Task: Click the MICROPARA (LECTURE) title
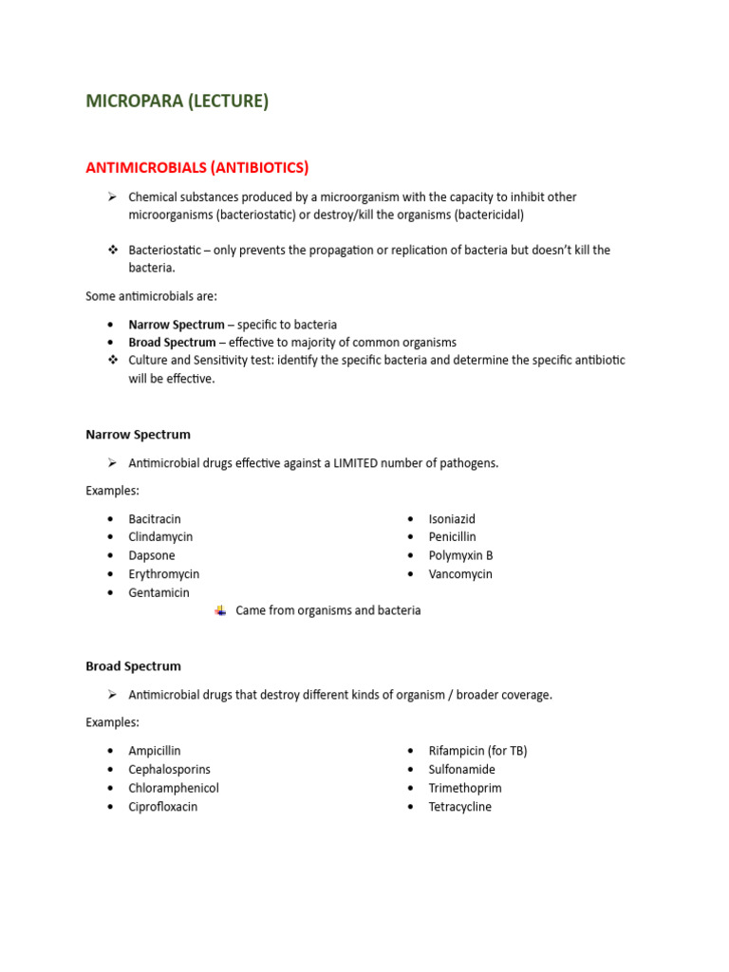(x=178, y=102)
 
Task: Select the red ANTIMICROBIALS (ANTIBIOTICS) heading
(x=197, y=168)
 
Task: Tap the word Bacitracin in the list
(x=155, y=519)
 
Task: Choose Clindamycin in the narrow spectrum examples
(x=160, y=537)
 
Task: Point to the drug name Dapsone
(x=152, y=555)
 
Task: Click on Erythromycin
(x=164, y=574)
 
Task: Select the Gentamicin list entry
(x=159, y=592)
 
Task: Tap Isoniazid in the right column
(x=452, y=519)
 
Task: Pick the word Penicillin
(x=452, y=537)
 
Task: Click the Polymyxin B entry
(x=460, y=555)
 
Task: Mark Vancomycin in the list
(x=460, y=574)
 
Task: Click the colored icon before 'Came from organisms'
(x=220, y=610)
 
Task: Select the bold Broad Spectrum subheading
(x=133, y=666)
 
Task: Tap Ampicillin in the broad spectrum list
(x=155, y=751)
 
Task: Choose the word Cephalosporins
(x=170, y=770)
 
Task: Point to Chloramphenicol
(x=174, y=788)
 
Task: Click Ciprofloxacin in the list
(x=163, y=807)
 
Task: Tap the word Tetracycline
(x=460, y=807)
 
